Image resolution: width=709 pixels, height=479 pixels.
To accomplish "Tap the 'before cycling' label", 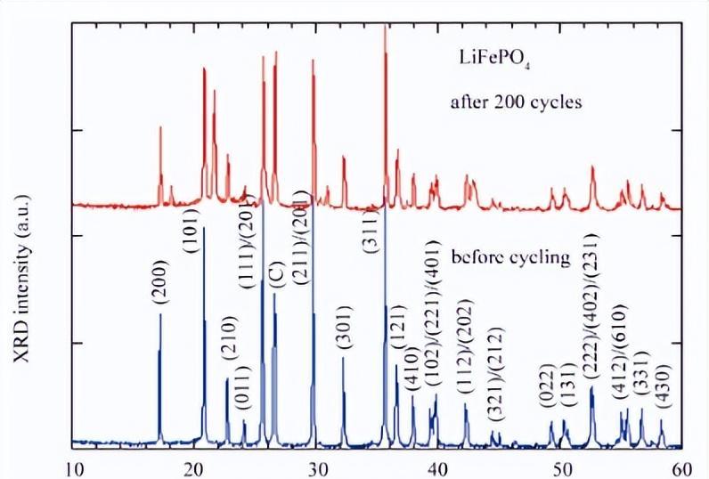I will [510, 259].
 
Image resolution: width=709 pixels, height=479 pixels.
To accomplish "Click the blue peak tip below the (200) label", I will [160, 314].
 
